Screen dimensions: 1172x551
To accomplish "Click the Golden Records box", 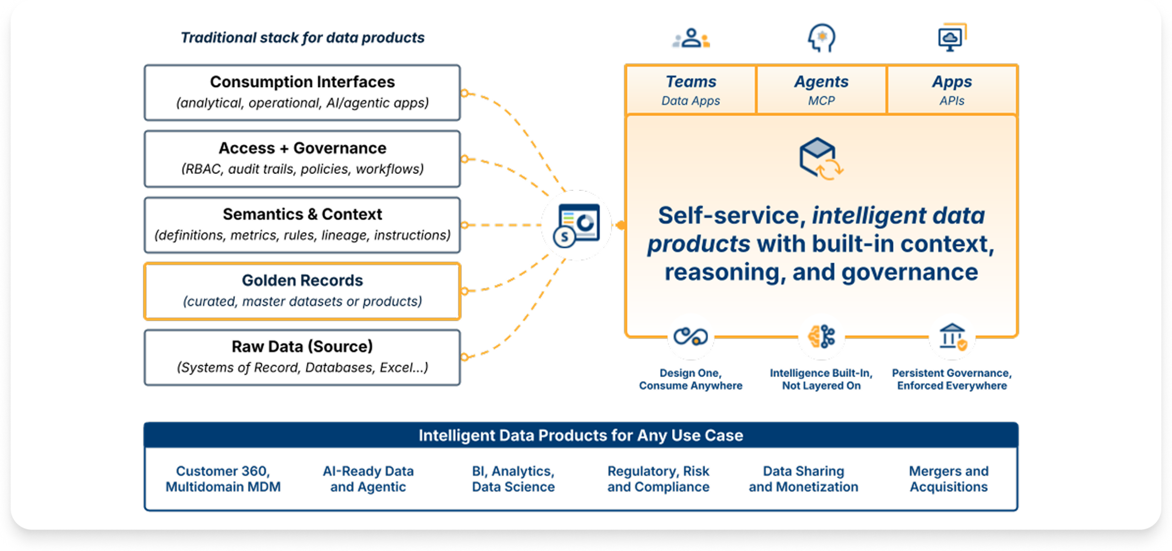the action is (x=302, y=291).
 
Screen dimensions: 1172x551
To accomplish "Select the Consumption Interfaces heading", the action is (x=302, y=82).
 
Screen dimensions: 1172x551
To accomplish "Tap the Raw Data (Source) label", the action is (x=302, y=346).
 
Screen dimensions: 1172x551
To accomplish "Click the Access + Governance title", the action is (x=302, y=148).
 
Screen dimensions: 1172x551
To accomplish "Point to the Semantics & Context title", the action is (x=302, y=214).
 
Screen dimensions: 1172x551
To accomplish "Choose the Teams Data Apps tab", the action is (x=690, y=90).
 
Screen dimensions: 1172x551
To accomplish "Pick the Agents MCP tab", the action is (x=821, y=90).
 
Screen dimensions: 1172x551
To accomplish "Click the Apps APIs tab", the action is (x=952, y=90).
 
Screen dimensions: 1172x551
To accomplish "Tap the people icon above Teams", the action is (x=691, y=38).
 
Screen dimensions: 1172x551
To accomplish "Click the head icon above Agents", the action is (x=821, y=38).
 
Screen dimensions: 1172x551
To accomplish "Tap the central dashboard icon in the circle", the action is (x=576, y=225).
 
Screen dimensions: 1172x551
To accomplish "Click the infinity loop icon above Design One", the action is (x=690, y=337).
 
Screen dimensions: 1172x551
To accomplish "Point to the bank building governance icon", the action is (x=953, y=337).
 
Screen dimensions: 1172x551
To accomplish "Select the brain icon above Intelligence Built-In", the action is (x=821, y=337).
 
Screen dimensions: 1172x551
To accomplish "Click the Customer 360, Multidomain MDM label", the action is (x=223, y=479).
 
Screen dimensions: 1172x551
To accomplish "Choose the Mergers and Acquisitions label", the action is (x=949, y=479).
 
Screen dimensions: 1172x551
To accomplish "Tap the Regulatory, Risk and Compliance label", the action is (x=658, y=479).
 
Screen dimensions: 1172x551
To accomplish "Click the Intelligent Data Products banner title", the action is (x=581, y=435).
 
